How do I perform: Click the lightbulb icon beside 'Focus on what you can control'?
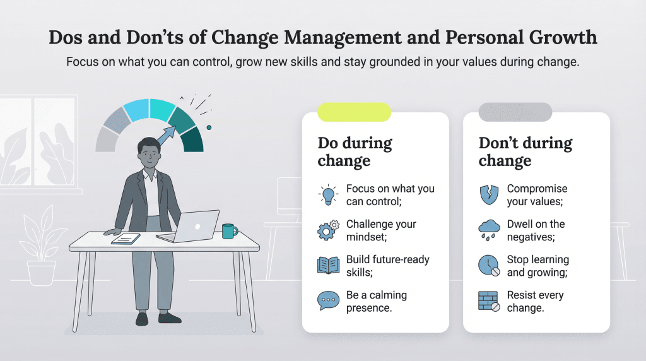point(328,196)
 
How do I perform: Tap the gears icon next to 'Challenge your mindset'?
point(328,231)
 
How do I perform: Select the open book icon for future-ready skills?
point(328,266)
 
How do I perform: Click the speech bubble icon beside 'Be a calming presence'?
point(328,301)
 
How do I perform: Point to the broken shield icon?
point(489,196)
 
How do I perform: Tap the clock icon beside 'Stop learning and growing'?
point(489,266)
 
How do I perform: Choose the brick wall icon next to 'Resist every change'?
point(489,301)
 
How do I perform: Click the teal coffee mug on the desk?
point(228,231)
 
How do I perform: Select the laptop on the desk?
point(191,227)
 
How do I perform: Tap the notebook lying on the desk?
point(126,239)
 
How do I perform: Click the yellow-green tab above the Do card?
point(354,112)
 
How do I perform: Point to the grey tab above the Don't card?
point(515,112)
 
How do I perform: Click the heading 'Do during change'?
point(355,151)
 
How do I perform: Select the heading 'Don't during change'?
point(525,151)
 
